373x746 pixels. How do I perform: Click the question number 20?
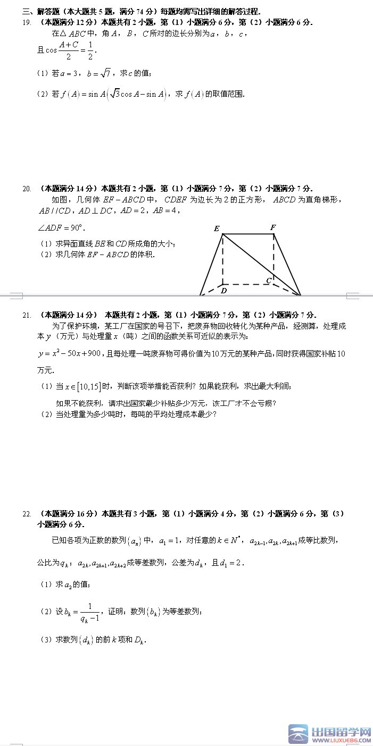[27, 188]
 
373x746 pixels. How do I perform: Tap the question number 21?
[27, 315]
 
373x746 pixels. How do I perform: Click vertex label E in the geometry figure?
[217, 229]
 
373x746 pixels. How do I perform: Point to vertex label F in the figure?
[273, 227]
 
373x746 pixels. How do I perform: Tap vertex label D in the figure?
[224, 291]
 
